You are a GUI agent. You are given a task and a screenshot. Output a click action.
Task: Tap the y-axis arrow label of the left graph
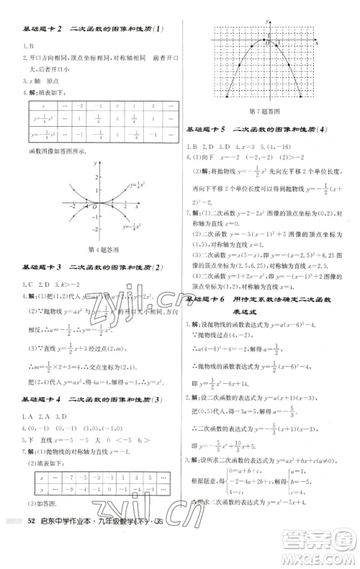click(x=96, y=164)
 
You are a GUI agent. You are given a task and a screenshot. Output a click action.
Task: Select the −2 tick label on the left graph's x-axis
click(x=73, y=207)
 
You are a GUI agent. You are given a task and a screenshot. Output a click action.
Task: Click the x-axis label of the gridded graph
click(x=318, y=43)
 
